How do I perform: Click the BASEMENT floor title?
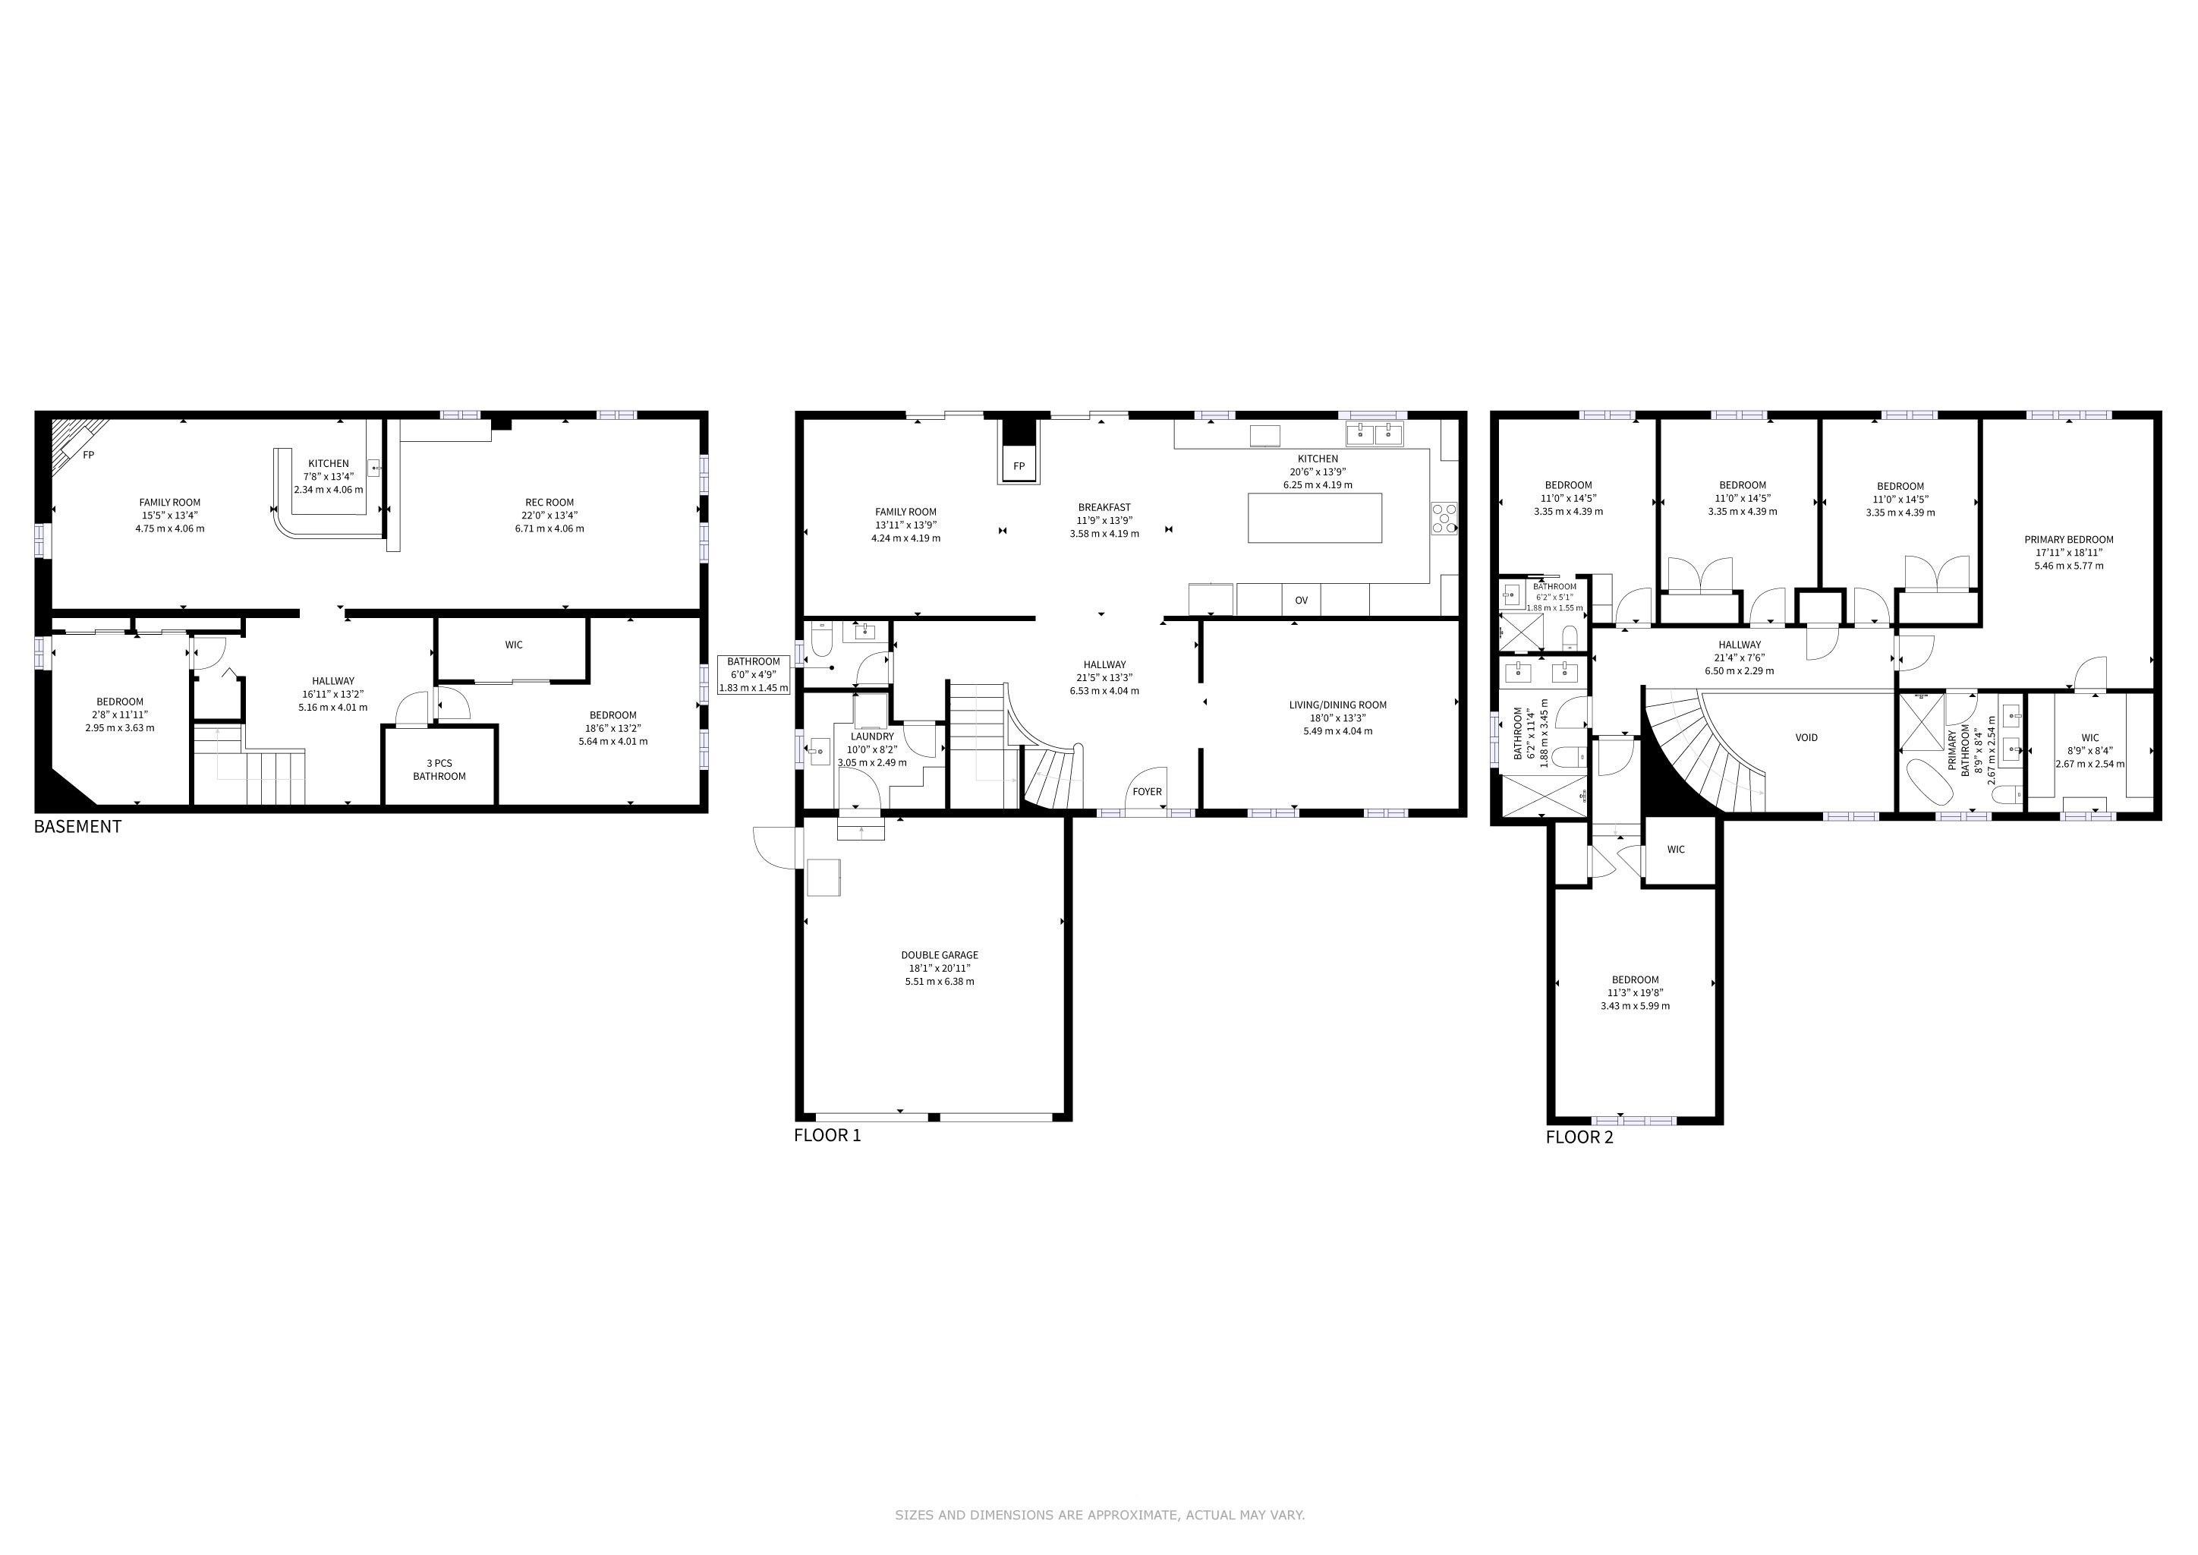click(x=77, y=826)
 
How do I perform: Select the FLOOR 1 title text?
click(x=827, y=1136)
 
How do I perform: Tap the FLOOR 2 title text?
click(x=1579, y=1137)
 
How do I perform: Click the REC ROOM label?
click(x=549, y=503)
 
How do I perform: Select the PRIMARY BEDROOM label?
click(x=2069, y=540)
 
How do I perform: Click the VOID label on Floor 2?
click(x=1806, y=738)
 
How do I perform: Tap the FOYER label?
click(x=1147, y=792)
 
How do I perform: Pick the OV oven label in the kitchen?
click(x=1301, y=601)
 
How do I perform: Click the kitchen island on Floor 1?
click(x=1315, y=518)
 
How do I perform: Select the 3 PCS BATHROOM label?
click(x=439, y=770)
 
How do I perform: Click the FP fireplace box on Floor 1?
click(x=1019, y=465)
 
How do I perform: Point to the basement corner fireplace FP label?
click(x=88, y=456)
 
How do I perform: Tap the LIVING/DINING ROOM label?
click(x=1337, y=705)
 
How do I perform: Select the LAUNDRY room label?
click(x=871, y=737)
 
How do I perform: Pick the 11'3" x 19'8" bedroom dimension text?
click(x=1635, y=993)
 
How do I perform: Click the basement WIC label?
click(x=514, y=645)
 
